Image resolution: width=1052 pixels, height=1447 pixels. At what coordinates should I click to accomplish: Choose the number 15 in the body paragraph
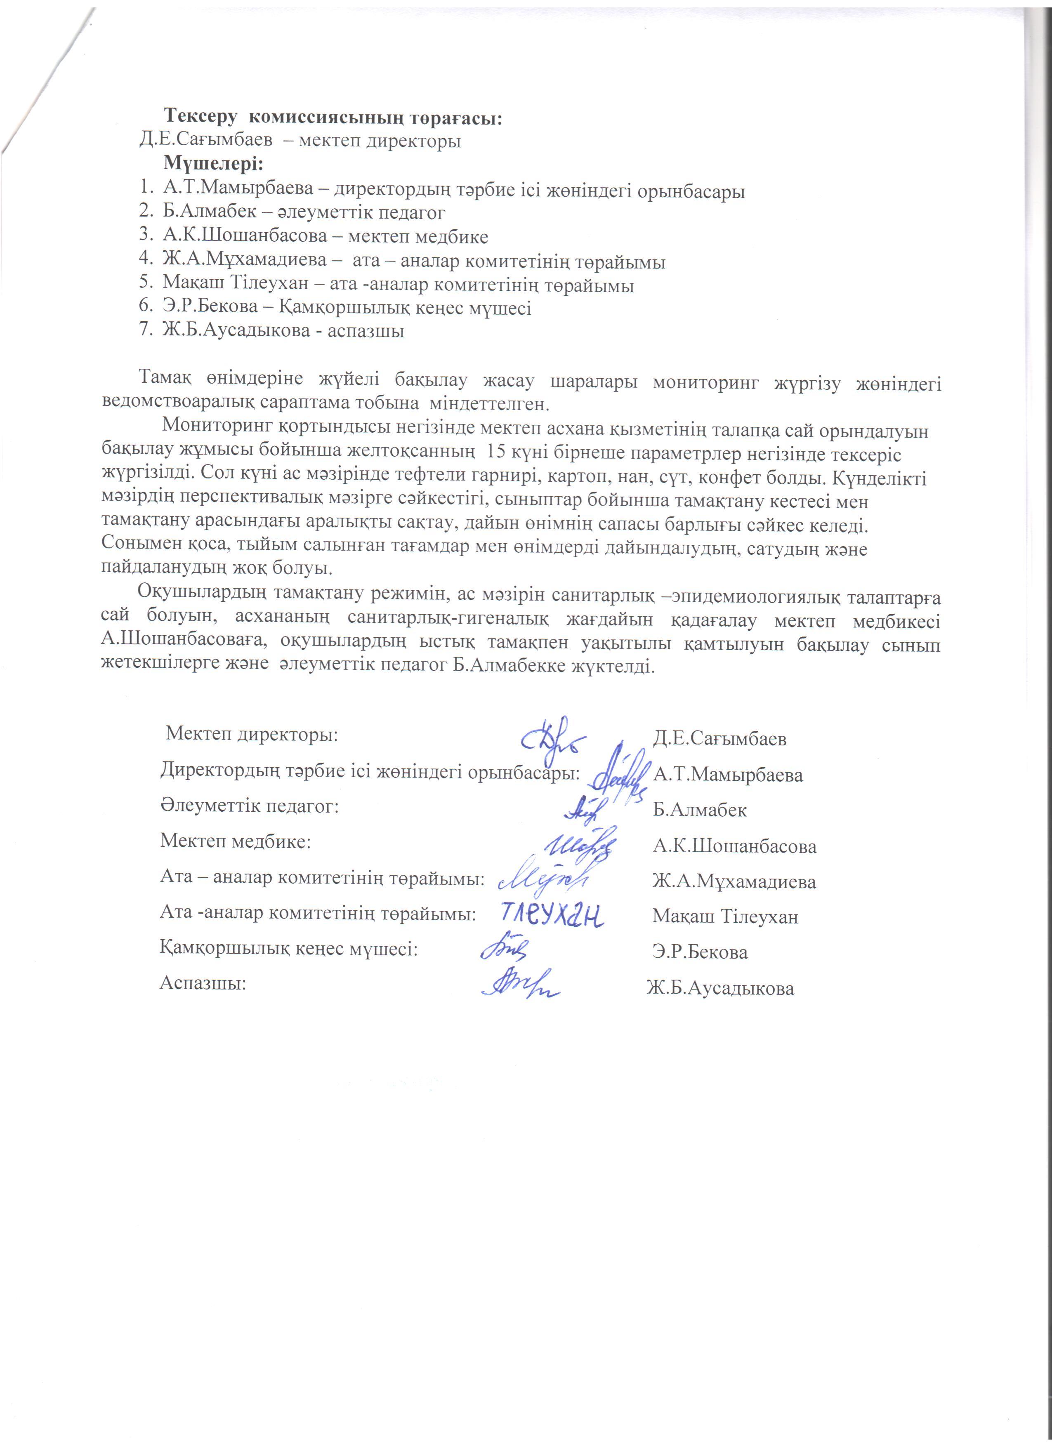(496, 451)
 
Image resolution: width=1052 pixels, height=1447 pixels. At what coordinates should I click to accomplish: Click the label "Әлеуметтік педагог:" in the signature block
(249, 806)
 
